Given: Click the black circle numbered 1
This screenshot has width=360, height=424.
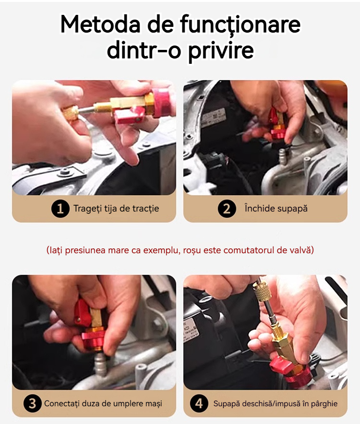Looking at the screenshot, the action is (60, 209).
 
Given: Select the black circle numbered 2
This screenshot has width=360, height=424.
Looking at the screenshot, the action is (227, 209).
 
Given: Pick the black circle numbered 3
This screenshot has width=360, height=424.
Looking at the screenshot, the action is (32, 403).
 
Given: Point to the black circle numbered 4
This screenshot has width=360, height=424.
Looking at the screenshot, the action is (199, 403).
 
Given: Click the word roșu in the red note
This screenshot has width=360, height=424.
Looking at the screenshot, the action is (192, 250).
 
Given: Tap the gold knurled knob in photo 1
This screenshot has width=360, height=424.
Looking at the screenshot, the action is (70, 114).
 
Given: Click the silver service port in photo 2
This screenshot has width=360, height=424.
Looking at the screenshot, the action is (283, 156).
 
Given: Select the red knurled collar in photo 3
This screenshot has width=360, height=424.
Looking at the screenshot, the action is (93, 340).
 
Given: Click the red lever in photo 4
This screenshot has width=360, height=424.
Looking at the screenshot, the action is (281, 363).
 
